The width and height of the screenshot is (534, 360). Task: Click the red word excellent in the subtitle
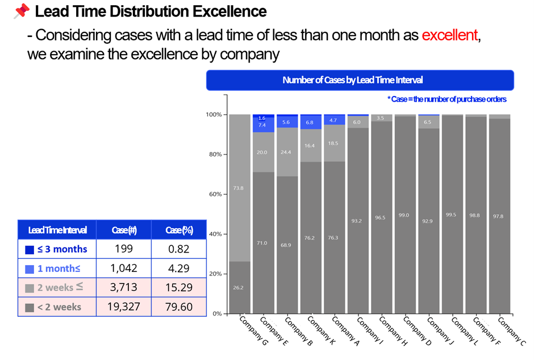click(x=450, y=35)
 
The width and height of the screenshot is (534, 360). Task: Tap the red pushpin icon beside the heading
click(x=22, y=11)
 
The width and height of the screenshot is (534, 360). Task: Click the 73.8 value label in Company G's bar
click(x=238, y=188)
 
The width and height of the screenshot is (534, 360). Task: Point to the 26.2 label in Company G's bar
click(x=238, y=287)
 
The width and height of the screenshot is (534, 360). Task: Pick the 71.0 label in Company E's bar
click(x=262, y=243)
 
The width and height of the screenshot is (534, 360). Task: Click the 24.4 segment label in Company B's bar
click(x=286, y=152)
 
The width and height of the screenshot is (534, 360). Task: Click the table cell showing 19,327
click(x=123, y=307)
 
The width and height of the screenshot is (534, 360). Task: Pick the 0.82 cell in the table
click(x=178, y=249)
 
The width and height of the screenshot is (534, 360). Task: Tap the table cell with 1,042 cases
click(x=123, y=268)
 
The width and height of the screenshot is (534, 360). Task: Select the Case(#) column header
click(x=123, y=230)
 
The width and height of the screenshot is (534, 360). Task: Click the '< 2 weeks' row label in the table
click(x=59, y=307)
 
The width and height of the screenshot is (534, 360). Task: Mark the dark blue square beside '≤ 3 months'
click(x=30, y=249)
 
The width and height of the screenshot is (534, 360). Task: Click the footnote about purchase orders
click(x=447, y=99)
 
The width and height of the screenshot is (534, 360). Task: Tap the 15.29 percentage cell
click(x=178, y=287)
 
